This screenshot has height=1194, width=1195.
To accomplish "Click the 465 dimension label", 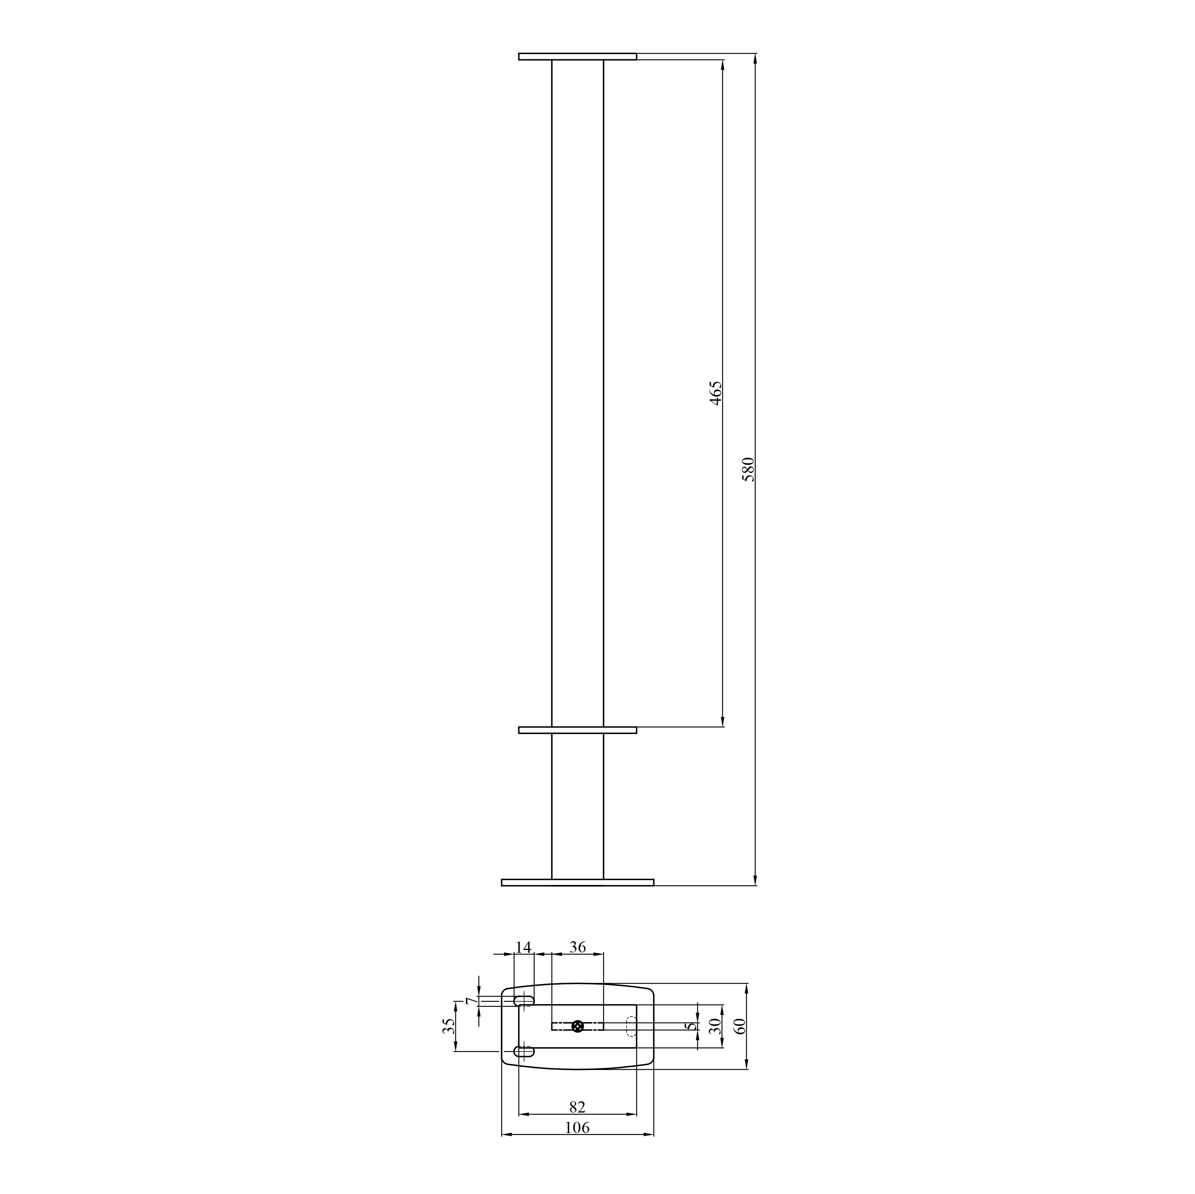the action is point(715,393).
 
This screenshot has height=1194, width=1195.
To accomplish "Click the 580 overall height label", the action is point(748,469).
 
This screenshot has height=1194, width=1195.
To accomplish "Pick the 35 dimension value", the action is point(449,1026).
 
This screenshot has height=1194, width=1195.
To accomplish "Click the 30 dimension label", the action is point(716,1026).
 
